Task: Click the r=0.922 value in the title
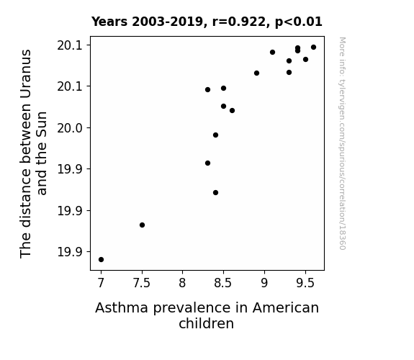(239, 22)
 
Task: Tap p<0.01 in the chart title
(299, 22)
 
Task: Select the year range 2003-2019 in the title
(167, 22)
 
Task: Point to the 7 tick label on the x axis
(101, 283)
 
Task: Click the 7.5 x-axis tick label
(142, 283)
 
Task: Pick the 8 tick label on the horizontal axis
(182, 283)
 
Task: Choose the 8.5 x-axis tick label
(223, 283)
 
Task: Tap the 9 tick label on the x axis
(264, 283)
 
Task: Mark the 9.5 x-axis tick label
(305, 283)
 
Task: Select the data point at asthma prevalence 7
(101, 259)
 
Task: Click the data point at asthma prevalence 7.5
(142, 225)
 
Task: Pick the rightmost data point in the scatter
(313, 48)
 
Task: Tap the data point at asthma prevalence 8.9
(256, 73)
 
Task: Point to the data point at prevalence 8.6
(232, 110)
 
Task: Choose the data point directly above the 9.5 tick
(305, 60)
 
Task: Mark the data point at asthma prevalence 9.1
(272, 53)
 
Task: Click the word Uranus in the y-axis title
(26, 74)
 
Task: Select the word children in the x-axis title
(206, 323)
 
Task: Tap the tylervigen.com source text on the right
(342, 143)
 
